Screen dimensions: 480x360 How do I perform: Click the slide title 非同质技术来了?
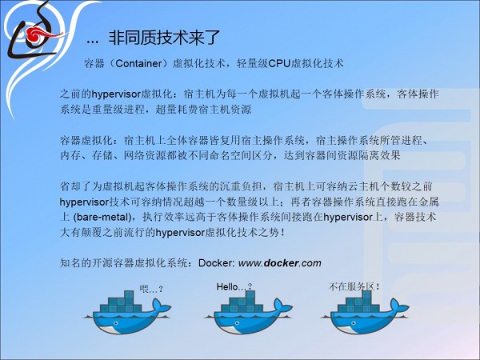click(164, 38)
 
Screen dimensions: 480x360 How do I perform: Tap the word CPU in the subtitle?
click(279, 63)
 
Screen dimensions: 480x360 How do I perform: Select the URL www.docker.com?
click(280, 263)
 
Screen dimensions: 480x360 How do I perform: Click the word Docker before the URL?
click(217, 263)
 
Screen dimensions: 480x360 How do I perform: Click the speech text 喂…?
click(151, 289)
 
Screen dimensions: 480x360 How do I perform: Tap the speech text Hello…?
click(234, 287)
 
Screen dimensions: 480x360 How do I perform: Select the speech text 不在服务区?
click(354, 287)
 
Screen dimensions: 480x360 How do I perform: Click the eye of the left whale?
click(114, 322)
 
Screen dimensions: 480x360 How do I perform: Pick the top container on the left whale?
click(129, 294)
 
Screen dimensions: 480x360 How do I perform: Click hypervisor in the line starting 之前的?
click(116, 94)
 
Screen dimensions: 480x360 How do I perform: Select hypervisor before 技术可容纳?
click(85, 202)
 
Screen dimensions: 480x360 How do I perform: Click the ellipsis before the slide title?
click(93, 42)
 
